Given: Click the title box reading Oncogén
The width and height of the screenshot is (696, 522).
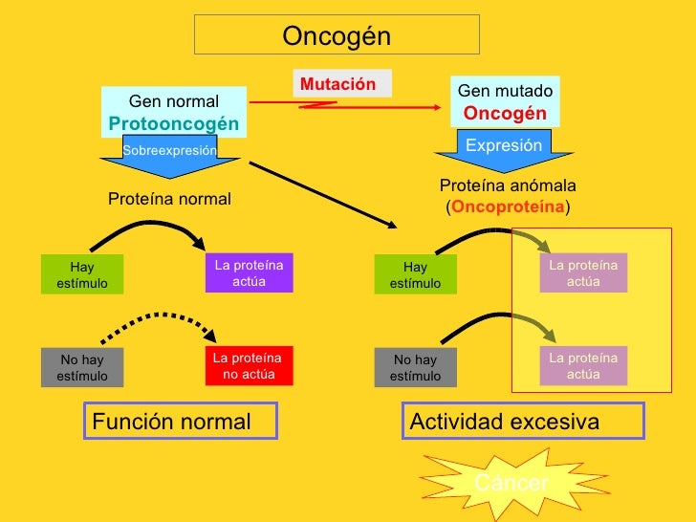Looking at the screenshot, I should [x=337, y=35].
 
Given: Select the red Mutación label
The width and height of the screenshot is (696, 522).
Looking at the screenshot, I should [x=338, y=84].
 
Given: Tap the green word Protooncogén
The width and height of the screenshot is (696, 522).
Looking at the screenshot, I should [x=174, y=124].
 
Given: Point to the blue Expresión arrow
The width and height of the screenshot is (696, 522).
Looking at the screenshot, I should [x=503, y=150].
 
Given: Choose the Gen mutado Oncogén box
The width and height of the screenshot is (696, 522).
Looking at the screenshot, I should [x=505, y=101].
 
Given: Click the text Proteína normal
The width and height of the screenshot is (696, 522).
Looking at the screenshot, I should [x=169, y=199].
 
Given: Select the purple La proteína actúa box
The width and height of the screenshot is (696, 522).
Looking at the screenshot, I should [x=249, y=272].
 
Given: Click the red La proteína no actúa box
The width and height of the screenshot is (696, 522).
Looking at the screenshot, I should [x=249, y=365].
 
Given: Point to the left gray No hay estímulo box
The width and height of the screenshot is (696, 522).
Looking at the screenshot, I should [x=81, y=368].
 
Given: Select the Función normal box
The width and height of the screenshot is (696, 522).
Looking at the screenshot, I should [x=181, y=422].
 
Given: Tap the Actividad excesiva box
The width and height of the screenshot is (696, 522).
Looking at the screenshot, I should [x=521, y=422].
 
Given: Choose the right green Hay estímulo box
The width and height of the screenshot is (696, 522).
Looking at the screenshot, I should [x=415, y=275].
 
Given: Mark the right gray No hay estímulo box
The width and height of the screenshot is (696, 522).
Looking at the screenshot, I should [x=415, y=368].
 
